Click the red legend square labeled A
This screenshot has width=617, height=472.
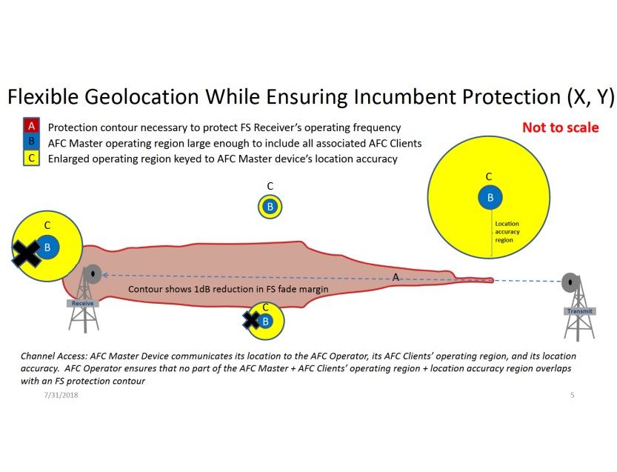31,126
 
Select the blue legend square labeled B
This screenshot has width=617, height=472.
31,142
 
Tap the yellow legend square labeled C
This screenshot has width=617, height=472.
31,158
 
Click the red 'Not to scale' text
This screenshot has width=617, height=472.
560,127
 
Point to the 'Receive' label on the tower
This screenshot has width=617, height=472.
83,303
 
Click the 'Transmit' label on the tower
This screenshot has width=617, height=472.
580,311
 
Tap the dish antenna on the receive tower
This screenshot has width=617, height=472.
93,273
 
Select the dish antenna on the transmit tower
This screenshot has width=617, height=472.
570,282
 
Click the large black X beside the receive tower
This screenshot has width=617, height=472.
27,254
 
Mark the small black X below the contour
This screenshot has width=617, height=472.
251,320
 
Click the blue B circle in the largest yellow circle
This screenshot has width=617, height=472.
490,197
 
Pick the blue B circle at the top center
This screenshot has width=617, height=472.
270,207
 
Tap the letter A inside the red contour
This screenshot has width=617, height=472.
396,277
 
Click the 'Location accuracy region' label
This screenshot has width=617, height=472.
507,232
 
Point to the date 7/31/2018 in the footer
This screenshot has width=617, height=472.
61,395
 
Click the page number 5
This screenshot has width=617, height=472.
572,395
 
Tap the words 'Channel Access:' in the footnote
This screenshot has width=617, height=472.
54,356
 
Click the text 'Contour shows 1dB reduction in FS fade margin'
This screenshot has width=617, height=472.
228,289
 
